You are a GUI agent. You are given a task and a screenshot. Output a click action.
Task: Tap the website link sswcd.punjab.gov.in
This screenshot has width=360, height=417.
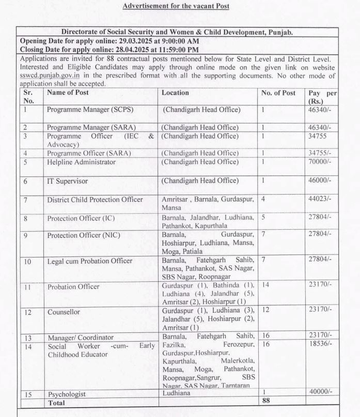[x=45, y=75]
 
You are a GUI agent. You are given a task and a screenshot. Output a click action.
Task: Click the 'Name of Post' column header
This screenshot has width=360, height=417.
[x=68, y=93]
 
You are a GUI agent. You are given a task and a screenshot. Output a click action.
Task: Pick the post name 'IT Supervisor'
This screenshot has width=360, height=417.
[x=67, y=181]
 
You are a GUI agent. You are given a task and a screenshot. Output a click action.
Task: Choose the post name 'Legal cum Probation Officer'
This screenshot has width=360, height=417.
[x=89, y=261]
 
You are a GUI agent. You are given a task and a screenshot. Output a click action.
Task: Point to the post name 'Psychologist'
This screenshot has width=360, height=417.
[x=67, y=394]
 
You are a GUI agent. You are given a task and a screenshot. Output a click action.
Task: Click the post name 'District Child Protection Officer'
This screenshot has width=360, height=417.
[x=102, y=200]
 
